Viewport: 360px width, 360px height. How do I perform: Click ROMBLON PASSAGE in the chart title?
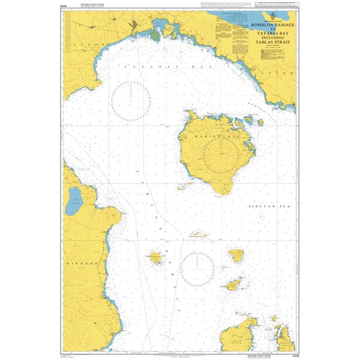(263, 25)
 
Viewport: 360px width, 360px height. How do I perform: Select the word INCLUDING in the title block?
(263, 37)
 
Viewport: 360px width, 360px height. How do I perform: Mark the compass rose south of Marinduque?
(197, 268)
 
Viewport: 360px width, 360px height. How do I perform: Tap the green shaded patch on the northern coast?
(156, 35)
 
